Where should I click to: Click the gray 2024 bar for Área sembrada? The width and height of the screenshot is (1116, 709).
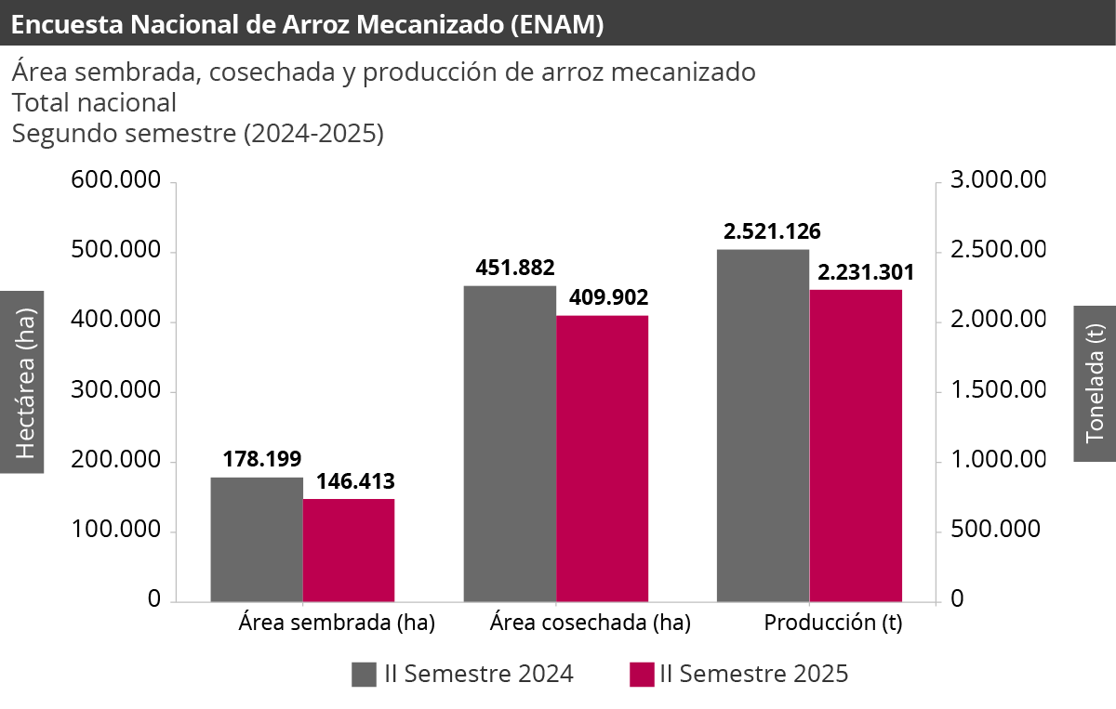[x=257, y=540]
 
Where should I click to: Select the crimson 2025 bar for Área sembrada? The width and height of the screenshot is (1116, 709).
[x=349, y=550]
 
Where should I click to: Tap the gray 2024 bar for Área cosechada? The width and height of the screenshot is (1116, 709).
[x=510, y=444]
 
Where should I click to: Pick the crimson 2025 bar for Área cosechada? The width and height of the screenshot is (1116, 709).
[x=602, y=459]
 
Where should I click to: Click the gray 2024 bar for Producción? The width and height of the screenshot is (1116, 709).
[x=763, y=426]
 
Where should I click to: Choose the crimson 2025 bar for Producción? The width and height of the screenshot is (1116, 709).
[x=856, y=446]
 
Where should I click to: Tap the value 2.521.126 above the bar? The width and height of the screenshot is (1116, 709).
[x=772, y=231]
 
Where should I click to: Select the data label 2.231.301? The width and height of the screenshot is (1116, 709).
[x=865, y=272]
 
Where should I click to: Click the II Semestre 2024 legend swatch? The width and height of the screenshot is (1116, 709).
[x=364, y=675]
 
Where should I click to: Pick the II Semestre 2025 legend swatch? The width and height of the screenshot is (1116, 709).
[x=642, y=675]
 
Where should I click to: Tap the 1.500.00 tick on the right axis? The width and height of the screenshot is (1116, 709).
[x=997, y=391]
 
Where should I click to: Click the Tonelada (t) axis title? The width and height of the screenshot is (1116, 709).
[x=1095, y=383]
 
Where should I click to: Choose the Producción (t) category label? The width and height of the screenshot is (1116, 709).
[x=832, y=624]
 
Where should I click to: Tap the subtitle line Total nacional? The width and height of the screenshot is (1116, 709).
[x=94, y=102]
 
